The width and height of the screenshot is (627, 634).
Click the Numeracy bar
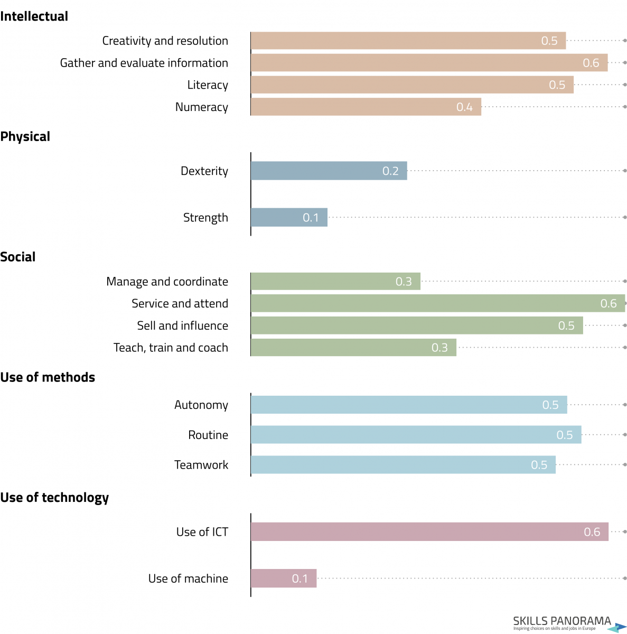click(x=366, y=107)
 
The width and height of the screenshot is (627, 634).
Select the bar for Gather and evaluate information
click(x=429, y=63)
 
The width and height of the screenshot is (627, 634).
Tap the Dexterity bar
click(x=329, y=171)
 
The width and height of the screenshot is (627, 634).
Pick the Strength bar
click(x=289, y=218)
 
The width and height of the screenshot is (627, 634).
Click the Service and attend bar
click(x=437, y=303)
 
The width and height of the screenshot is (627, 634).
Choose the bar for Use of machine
click(x=284, y=579)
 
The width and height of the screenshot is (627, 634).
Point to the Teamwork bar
click(x=403, y=465)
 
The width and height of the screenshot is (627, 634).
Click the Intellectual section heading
click(x=34, y=16)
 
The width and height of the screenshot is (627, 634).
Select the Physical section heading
click(x=25, y=137)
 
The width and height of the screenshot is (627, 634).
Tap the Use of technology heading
click(x=54, y=498)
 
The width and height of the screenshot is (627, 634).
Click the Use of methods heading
click(x=48, y=377)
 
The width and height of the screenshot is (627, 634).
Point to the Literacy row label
click(x=208, y=85)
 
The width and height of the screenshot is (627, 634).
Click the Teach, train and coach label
click(x=171, y=348)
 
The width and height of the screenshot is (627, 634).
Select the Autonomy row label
click(x=201, y=405)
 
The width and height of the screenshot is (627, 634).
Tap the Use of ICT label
click(x=202, y=532)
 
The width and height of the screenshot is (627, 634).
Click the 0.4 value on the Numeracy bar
click(x=464, y=107)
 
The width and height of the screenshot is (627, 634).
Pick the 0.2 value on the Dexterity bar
click(x=390, y=171)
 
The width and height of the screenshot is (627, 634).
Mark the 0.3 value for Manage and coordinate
click(x=404, y=282)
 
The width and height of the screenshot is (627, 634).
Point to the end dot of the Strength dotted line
click(x=625, y=217)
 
